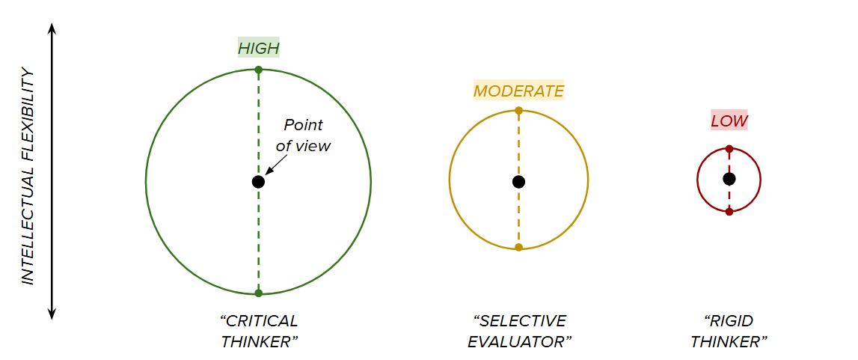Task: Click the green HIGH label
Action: (x=258, y=49)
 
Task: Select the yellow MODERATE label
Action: (x=518, y=91)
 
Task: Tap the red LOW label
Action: (x=729, y=120)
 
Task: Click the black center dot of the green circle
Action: (x=258, y=182)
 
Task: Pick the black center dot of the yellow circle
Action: (x=518, y=182)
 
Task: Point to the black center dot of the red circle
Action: (x=729, y=179)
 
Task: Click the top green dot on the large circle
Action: (x=258, y=70)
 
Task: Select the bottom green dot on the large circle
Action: (x=258, y=293)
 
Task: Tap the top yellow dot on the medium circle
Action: (x=518, y=111)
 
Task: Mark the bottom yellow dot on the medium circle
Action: (x=518, y=247)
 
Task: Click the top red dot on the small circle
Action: (x=729, y=149)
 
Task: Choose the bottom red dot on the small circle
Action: (x=729, y=212)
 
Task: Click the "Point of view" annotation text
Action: (x=303, y=135)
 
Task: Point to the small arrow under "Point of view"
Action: (x=272, y=168)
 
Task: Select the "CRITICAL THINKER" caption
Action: (x=259, y=332)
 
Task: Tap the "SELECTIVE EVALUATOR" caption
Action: (x=520, y=332)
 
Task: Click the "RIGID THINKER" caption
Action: (x=729, y=332)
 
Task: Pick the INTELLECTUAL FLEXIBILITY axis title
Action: (x=28, y=177)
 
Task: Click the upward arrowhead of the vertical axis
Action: (x=52, y=28)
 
